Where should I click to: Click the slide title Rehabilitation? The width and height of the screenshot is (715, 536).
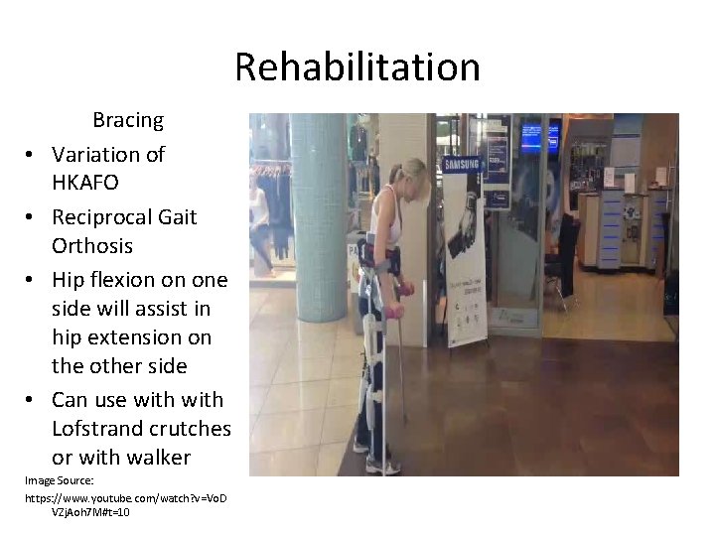[x=357, y=67]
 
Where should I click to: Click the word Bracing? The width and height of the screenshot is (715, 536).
[x=128, y=120]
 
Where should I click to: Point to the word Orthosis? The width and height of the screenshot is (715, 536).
[x=92, y=245]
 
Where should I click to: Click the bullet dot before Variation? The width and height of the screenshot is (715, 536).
[x=32, y=156]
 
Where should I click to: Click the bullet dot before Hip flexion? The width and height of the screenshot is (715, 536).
[x=32, y=281]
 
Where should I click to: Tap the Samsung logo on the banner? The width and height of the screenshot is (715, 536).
[x=461, y=165]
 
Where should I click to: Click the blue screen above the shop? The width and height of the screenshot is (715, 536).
[x=539, y=135]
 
